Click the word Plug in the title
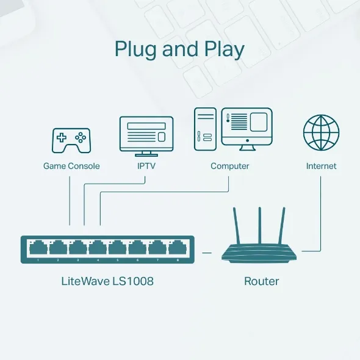click(x=135, y=49)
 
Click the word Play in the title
click(x=223, y=49)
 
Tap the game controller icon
click(x=71, y=140)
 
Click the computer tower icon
click(x=206, y=130)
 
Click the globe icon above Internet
click(x=321, y=133)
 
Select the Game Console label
click(x=71, y=166)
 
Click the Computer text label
click(x=230, y=166)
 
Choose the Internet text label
click(x=321, y=166)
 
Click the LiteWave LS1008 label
click(x=107, y=281)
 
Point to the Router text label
click(x=261, y=281)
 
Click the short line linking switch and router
click(x=206, y=251)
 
